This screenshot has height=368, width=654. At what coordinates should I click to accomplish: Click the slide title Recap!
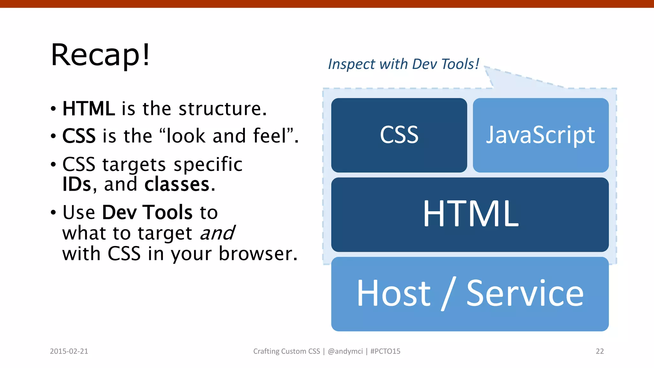point(100,55)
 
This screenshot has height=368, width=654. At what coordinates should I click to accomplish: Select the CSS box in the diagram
point(399,135)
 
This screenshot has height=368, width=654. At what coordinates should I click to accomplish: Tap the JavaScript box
point(540,135)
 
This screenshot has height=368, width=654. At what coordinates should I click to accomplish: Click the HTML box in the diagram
point(470,214)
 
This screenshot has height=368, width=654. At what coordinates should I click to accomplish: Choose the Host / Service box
point(470,294)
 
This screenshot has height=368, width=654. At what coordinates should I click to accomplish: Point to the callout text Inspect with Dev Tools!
point(403,64)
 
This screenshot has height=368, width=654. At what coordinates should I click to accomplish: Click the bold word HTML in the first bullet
point(88,109)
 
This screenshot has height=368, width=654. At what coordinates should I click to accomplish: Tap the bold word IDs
point(77,184)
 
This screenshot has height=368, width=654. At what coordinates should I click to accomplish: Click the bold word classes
point(177,184)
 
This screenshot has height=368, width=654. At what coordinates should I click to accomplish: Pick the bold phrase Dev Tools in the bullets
point(147,212)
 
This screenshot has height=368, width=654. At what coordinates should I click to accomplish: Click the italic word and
point(217,233)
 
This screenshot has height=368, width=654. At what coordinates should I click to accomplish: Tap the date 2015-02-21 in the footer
point(69,351)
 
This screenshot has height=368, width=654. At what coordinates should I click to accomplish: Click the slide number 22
point(599,351)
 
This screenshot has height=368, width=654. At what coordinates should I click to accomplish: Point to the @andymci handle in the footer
point(345,351)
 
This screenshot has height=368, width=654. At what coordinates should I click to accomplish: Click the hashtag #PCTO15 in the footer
point(385,351)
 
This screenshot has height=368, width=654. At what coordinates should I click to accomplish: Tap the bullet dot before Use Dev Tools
point(53,212)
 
